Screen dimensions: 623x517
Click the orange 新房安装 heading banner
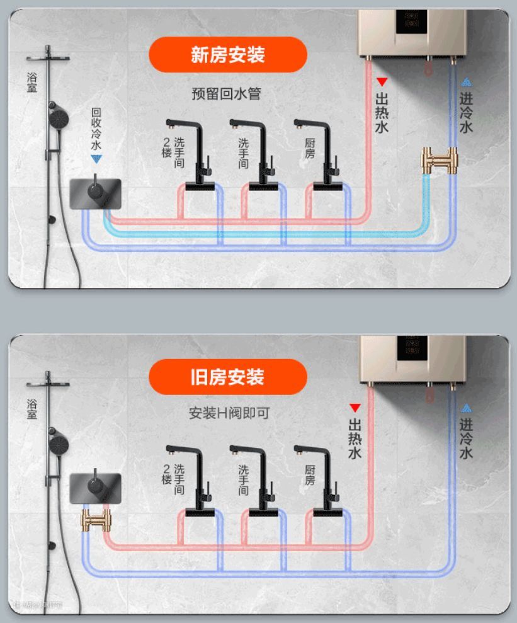coord(227,55)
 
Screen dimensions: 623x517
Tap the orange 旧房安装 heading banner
coord(227,377)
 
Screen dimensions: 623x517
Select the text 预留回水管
coord(226,94)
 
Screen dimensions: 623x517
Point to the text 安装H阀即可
coord(229,414)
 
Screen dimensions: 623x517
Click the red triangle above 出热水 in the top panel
coord(382,82)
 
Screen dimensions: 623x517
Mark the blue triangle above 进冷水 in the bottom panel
coord(466,407)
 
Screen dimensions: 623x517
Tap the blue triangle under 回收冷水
coord(96,160)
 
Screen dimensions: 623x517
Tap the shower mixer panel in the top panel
coord(96,190)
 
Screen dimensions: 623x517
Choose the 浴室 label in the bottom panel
coord(31,409)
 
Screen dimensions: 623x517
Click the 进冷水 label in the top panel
coord(466,113)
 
